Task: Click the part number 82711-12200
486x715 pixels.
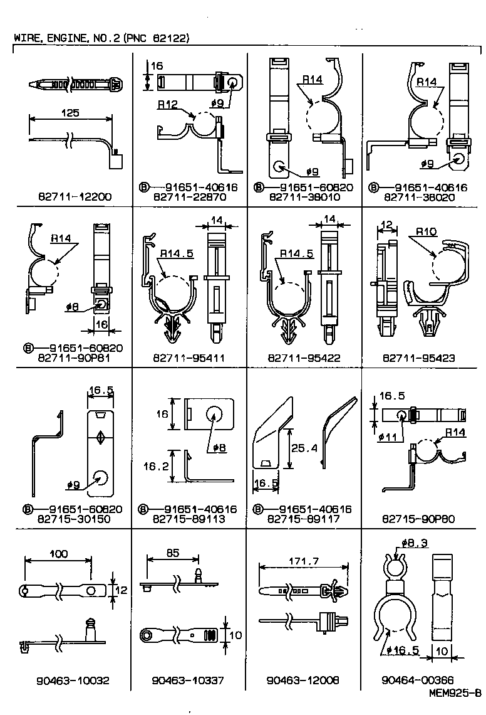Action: point(74,196)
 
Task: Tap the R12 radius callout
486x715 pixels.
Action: point(167,105)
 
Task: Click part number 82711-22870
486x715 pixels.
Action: point(188,196)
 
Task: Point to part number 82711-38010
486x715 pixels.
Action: point(303,196)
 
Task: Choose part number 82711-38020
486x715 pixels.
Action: point(418,196)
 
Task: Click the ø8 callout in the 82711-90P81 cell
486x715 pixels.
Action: point(73,307)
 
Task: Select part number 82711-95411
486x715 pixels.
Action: point(188,358)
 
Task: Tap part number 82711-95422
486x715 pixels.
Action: point(303,358)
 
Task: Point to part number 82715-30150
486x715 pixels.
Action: point(74,519)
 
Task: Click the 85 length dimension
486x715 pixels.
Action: point(173,553)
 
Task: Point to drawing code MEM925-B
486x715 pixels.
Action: point(455,693)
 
